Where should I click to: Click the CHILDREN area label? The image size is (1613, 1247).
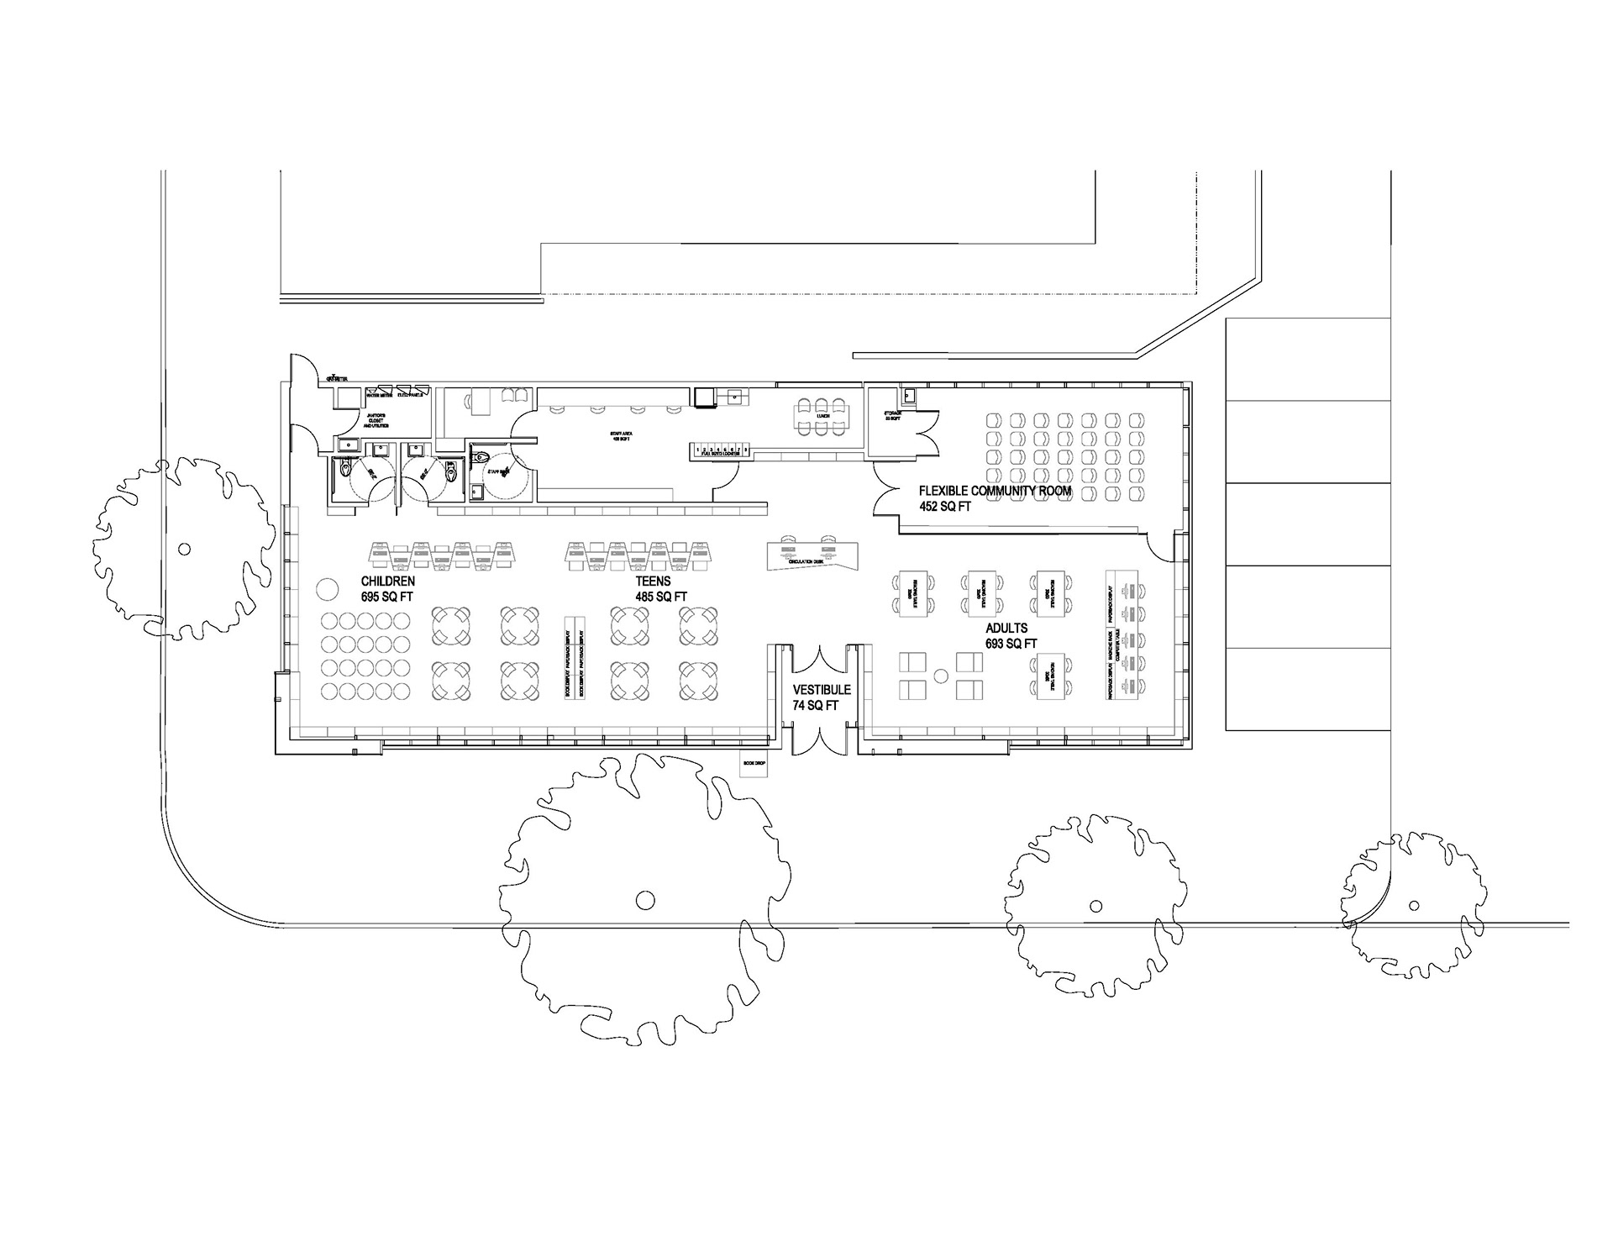coord(387,581)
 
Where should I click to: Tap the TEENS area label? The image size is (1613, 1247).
coord(653,581)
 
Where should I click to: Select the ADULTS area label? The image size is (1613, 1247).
coord(1006,628)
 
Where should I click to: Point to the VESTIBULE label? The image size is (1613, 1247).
coord(822,690)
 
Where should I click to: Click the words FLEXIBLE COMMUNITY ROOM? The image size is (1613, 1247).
coord(995,491)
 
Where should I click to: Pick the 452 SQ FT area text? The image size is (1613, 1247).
coord(944,507)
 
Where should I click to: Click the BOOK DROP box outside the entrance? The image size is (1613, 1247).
coord(753,764)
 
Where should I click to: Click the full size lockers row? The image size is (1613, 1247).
coord(719,451)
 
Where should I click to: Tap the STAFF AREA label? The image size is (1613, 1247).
coord(621,434)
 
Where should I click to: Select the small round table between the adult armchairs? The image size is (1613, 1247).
coord(941,675)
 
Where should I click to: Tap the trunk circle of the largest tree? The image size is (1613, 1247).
coord(644,900)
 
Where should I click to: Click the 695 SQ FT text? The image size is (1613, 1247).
coord(387,596)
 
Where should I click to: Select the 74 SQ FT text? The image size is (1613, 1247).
coord(816,706)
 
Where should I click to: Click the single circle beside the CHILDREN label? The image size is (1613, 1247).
coord(325,588)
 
